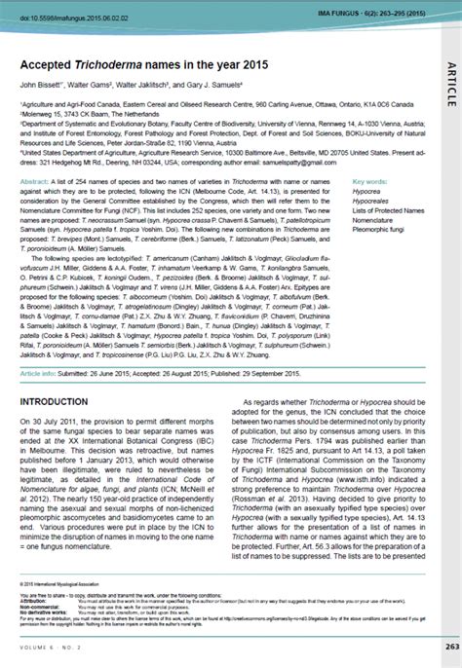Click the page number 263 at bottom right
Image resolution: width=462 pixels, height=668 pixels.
(x=451, y=645)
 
